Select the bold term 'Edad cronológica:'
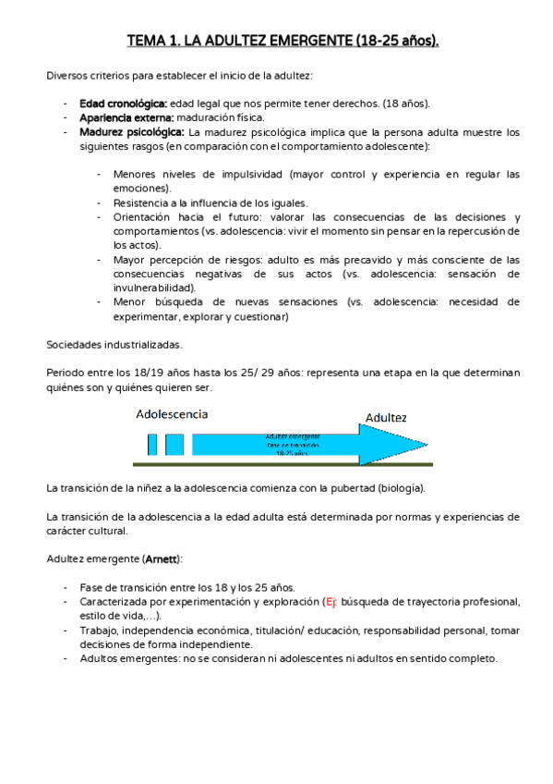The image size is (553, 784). tap(123, 104)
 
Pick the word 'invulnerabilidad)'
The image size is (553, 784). tap(155, 288)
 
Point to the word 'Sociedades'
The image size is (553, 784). tap(73, 344)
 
